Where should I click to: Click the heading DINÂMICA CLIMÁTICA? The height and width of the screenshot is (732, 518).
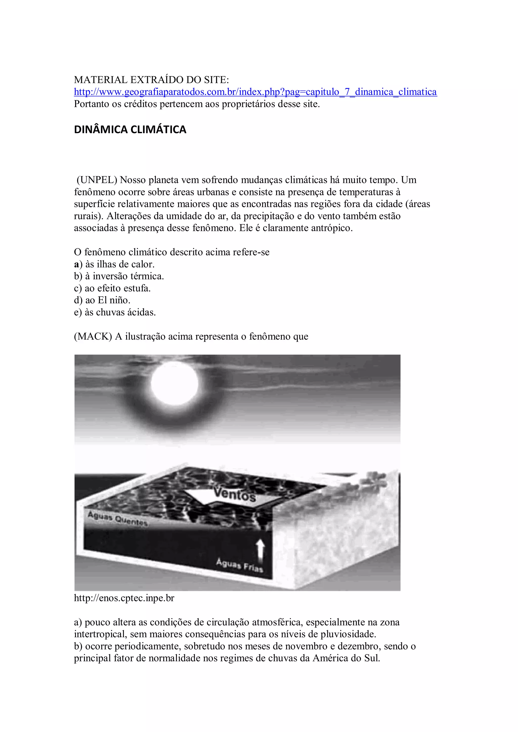point(130,129)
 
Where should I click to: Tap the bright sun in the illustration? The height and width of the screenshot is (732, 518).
point(174,383)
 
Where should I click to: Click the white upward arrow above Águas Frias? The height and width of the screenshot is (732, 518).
point(261,550)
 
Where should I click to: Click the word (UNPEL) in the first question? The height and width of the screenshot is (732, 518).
point(97,180)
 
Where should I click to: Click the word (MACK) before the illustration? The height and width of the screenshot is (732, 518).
point(93,337)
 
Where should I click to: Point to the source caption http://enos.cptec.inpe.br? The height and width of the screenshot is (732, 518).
point(124,598)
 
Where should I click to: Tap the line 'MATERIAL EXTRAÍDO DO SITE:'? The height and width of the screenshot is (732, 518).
point(151,80)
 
